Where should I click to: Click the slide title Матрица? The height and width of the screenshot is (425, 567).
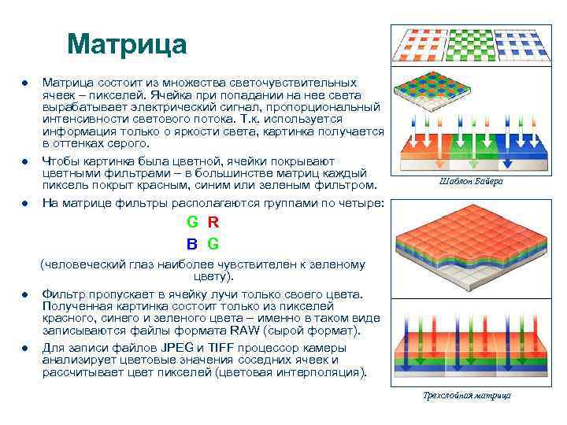tap(127, 44)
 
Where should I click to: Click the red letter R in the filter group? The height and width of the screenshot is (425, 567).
tap(213, 223)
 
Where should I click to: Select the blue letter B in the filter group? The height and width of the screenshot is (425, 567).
tap(192, 243)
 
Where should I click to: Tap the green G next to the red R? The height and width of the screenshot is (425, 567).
tap(192, 223)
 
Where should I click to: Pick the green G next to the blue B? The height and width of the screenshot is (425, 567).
tap(213, 243)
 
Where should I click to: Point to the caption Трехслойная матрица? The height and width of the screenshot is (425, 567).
tap(467, 395)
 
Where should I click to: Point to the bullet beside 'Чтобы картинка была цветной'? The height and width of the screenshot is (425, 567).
tap(25, 161)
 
